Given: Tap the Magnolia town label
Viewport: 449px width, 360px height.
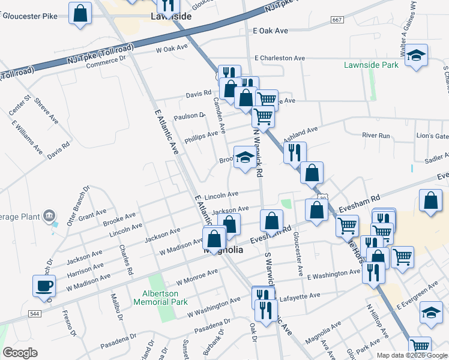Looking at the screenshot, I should pos(223,251).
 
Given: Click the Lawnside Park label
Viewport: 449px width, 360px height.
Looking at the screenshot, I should pos(372,65).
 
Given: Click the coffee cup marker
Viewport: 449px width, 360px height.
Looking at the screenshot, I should pos(44,286).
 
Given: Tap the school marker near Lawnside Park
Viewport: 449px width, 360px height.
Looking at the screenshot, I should pos(415,56).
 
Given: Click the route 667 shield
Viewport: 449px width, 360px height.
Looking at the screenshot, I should pos(337,20).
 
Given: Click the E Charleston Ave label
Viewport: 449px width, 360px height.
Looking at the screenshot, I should pos(279,58).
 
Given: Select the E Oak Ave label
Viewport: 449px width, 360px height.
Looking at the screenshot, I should pos(271,30).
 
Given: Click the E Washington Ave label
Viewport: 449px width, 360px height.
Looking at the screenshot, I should pos(333,274).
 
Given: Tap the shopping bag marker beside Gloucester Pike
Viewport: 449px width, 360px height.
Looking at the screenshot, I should pos(80,13).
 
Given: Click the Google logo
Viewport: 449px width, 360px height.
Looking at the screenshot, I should pos(20,353).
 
